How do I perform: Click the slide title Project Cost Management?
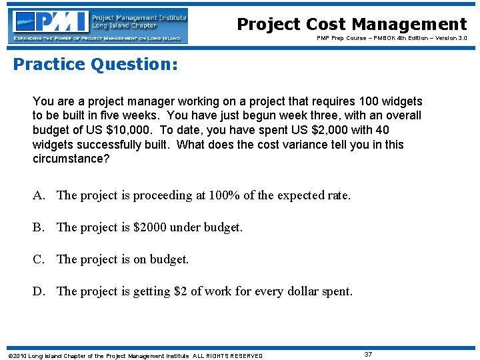351,25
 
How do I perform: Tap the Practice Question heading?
95,65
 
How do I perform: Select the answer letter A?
39,195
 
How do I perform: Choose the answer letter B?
39,227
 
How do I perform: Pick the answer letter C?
39,259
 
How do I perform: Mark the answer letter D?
39,291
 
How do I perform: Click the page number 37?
368,355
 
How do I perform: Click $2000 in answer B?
151,227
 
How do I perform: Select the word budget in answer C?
169,259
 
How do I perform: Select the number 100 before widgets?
370,101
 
